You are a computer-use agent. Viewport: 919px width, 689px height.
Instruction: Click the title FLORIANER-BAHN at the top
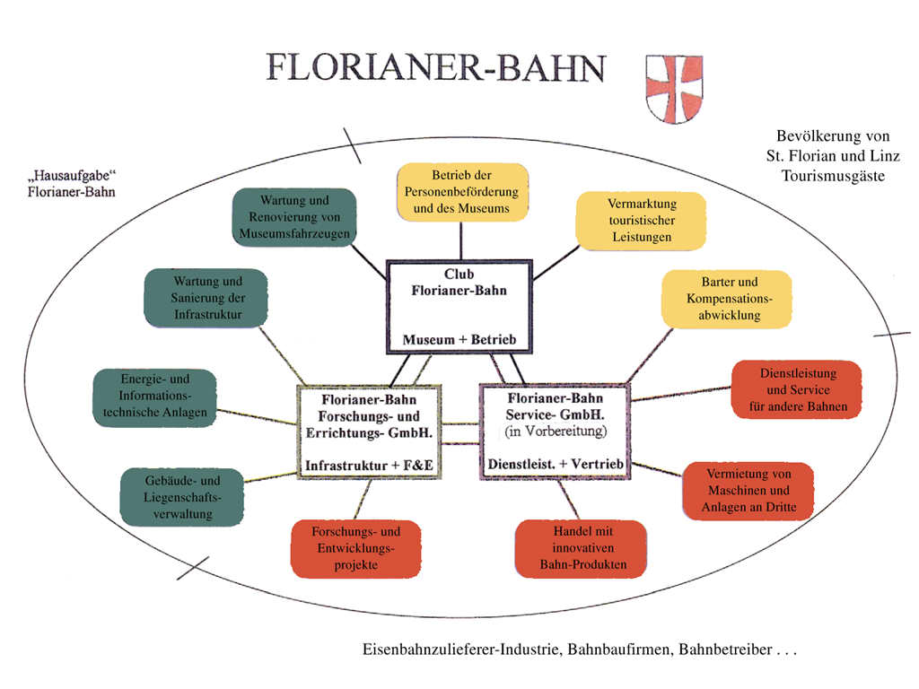(436, 69)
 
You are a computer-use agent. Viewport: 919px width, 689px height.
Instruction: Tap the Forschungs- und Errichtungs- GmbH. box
(370, 432)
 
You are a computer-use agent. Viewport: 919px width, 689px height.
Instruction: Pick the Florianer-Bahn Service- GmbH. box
(556, 432)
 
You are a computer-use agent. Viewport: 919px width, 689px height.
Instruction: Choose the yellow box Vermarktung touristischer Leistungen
(642, 221)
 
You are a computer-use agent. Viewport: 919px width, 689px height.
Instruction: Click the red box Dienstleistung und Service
(797, 389)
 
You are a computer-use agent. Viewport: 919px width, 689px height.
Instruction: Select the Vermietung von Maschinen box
(748, 491)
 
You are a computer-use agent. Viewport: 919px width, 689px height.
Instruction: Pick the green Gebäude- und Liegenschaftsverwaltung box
(182, 497)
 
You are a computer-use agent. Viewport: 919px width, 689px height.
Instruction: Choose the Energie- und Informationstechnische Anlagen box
(154, 396)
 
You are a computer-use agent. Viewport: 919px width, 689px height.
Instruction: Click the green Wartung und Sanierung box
(207, 298)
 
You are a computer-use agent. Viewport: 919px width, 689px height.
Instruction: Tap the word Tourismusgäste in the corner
(833, 176)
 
